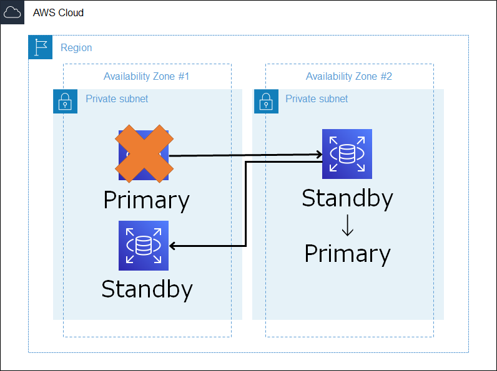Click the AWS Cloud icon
click(x=12, y=12)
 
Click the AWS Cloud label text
click(x=58, y=12)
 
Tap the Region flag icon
click(x=40, y=47)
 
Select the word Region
click(x=76, y=47)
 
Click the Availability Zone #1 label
click(x=147, y=76)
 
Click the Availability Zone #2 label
click(x=348, y=76)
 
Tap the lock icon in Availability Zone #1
click(x=65, y=101)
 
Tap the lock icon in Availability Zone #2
click(x=266, y=101)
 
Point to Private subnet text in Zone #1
click(x=117, y=99)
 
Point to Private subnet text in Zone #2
click(x=317, y=99)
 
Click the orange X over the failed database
click(x=144, y=153)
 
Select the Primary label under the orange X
click(x=147, y=201)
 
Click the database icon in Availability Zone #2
click(x=347, y=154)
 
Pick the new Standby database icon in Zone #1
click(x=144, y=246)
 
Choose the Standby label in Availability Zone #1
click(x=147, y=289)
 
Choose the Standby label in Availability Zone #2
click(x=347, y=198)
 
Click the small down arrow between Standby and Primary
click(x=348, y=225)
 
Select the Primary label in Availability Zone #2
click(x=347, y=254)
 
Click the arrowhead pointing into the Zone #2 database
click(x=319, y=155)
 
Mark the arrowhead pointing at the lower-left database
click(x=173, y=246)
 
